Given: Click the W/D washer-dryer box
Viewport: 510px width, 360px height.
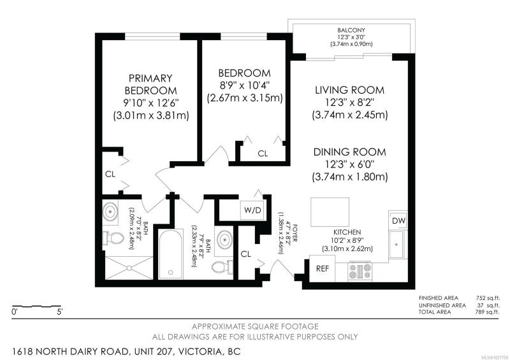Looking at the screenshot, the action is point(252,210).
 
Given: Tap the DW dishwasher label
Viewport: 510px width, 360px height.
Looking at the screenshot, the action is point(399,221).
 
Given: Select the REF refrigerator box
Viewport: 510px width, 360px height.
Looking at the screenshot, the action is point(323,269).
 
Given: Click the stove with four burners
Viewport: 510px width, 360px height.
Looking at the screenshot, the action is point(360,271).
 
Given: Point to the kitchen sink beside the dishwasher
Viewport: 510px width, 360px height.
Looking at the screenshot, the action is point(397,244).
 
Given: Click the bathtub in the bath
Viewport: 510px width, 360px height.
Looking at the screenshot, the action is point(170,254).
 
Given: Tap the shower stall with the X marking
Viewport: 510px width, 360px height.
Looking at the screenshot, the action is point(129,268).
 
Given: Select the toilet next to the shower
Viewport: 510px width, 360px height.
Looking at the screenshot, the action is point(113,239).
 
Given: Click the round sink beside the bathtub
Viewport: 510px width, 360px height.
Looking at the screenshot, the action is point(224,240).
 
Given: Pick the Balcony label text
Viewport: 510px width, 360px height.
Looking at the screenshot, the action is point(351,30).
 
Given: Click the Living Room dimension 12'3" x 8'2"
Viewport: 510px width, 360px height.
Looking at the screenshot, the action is point(349,103).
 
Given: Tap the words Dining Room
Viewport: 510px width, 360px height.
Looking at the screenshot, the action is point(349,152).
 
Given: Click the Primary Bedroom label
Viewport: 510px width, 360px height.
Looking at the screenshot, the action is point(150,84).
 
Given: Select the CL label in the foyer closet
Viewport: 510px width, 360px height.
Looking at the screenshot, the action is point(246,254).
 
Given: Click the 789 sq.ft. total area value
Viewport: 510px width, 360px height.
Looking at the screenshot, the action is point(487,312).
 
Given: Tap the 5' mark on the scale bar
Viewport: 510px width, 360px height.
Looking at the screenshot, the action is point(59,312).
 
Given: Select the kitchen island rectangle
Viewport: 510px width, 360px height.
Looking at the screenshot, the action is point(330,212).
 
